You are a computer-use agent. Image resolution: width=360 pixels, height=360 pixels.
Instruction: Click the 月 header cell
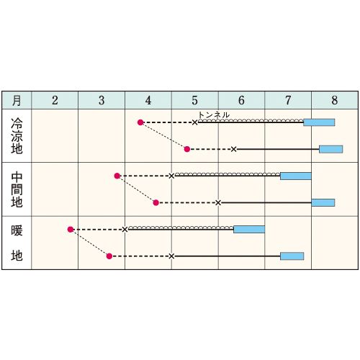[x=17, y=100]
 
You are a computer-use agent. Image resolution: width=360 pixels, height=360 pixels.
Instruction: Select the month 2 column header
[x=55, y=100]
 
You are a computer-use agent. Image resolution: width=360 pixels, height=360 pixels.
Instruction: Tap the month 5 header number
[x=194, y=100]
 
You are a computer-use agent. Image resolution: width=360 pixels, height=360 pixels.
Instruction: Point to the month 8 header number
[x=335, y=100]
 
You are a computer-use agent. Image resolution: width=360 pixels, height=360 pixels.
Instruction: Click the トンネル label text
[x=214, y=115]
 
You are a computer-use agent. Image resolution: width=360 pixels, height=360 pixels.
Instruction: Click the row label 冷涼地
[x=17, y=136]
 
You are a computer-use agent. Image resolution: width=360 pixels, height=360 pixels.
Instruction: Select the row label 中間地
[x=17, y=189]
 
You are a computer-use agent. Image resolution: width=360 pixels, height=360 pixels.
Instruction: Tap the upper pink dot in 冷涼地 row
[x=140, y=122]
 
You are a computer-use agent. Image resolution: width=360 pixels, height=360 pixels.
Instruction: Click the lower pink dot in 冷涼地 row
[x=187, y=149]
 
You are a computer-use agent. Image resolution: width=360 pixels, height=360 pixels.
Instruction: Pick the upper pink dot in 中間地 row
[x=117, y=176]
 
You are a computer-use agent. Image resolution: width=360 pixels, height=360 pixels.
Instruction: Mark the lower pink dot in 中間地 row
[x=156, y=203]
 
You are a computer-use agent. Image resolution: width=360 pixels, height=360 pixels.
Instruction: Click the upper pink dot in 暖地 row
[x=71, y=230]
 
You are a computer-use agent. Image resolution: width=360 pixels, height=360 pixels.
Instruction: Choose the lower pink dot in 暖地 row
[x=109, y=256]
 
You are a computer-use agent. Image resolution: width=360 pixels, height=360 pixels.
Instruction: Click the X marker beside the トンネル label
[x=195, y=122]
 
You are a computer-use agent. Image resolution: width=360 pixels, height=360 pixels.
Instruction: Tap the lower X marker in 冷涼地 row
[x=234, y=149]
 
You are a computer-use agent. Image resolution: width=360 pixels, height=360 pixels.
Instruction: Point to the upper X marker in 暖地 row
[x=125, y=230]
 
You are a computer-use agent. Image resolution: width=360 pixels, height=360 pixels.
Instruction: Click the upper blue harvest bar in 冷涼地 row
[x=319, y=122]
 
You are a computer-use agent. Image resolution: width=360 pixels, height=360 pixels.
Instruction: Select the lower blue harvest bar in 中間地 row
[x=323, y=202]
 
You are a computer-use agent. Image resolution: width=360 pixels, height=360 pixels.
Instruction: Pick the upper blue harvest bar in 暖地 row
[x=249, y=229]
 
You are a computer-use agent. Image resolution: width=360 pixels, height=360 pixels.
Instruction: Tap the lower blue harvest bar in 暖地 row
[x=292, y=256]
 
